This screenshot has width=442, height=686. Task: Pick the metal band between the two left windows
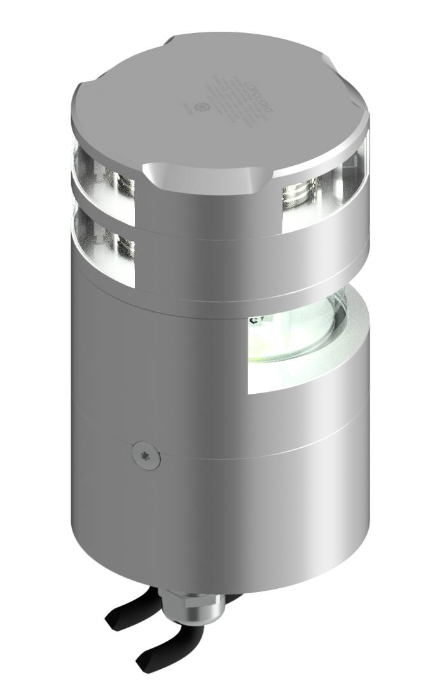[x=105, y=205]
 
